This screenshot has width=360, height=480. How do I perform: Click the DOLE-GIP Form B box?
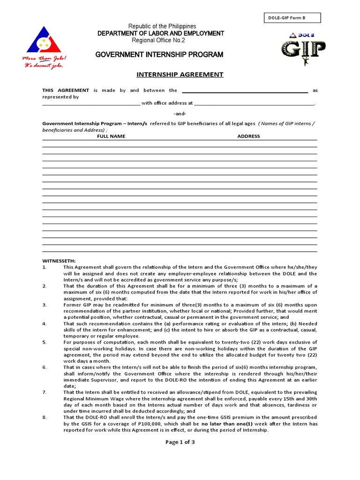point(292,18)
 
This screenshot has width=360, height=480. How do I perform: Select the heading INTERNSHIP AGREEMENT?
point(180,75)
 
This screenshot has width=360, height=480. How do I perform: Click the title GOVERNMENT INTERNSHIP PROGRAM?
point(159,55)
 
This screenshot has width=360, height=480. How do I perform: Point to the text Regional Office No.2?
point(159,40)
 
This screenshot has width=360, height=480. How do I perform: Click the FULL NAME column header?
point(111,136)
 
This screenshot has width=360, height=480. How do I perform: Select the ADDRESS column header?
point(248,136)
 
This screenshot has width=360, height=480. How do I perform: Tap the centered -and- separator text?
point(180,113)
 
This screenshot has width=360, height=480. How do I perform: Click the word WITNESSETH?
point(59,261)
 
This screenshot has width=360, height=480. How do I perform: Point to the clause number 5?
point(45,342)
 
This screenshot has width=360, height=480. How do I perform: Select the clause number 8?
point(45,417)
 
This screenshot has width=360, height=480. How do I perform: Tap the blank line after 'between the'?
point(244,90)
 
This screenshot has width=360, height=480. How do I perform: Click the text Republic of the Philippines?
point(159,26)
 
